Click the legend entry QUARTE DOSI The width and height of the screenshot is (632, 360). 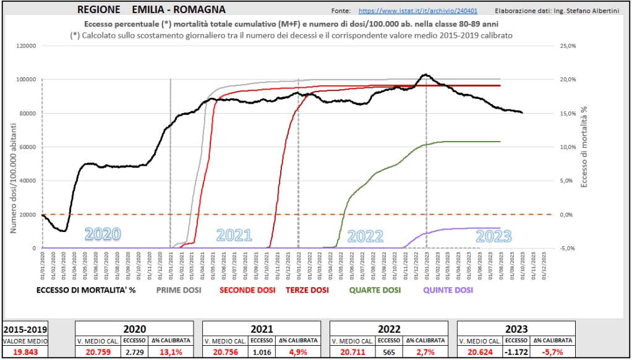(x=375, y=290)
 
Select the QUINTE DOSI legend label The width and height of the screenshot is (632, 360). (x=448, y=290)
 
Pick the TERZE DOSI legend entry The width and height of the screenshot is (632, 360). (x=307, y=290)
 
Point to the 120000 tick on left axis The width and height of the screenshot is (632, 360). (x=27, y=46)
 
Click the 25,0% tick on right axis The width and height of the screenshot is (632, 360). (x=568, y=46)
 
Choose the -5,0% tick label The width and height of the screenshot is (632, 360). (x=568, y=248)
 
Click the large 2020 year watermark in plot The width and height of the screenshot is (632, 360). (x=103, y=234)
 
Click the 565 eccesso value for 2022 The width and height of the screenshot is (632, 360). (x=389, y=351)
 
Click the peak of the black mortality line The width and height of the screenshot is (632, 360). (x=425, y=75)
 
